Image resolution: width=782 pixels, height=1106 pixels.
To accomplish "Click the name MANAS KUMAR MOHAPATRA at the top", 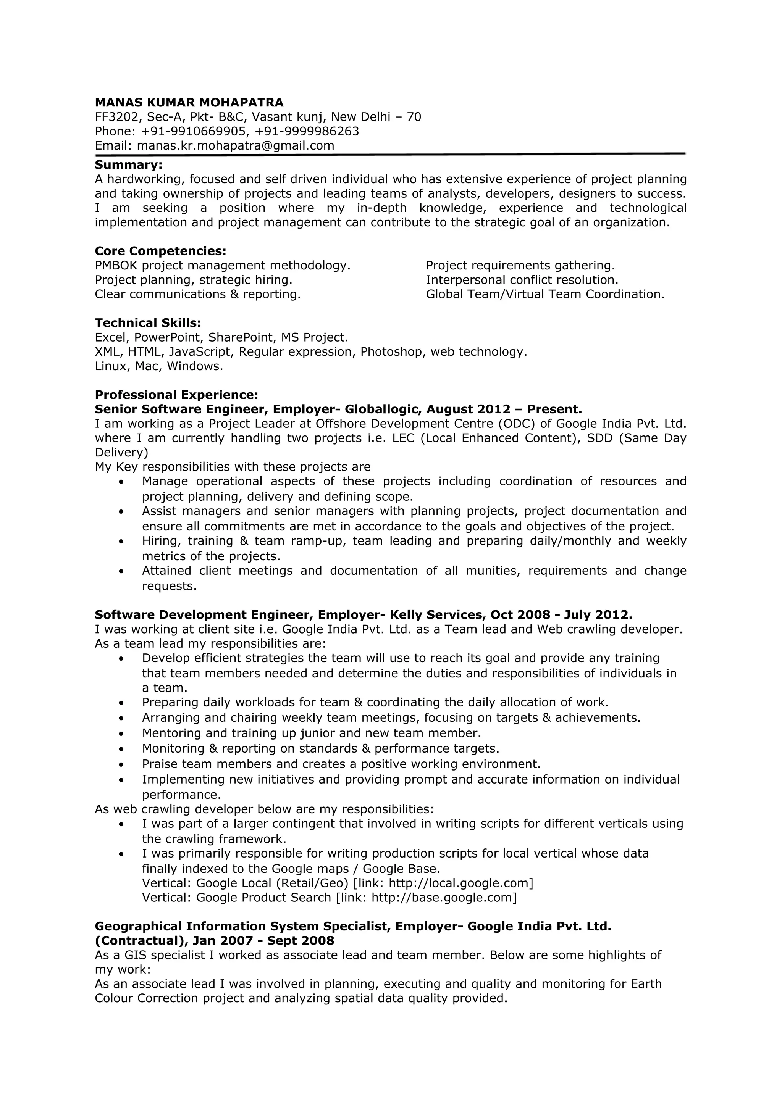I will pyautogui.click(x=189, y=103).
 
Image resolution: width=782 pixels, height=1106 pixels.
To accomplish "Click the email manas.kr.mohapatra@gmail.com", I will pyautogui.click(x=236, y=146).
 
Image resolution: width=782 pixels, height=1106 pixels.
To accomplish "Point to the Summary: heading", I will pyautogui.click(x=129, y=165).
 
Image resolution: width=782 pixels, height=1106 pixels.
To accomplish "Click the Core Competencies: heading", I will pyautogui.click(x=160, y=252).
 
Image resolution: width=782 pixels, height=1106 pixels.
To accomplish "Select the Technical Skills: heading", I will pyautogui.click(x=148, y=323).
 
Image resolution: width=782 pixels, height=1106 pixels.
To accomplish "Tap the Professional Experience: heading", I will pyautogui.click(x=176, y=395).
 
